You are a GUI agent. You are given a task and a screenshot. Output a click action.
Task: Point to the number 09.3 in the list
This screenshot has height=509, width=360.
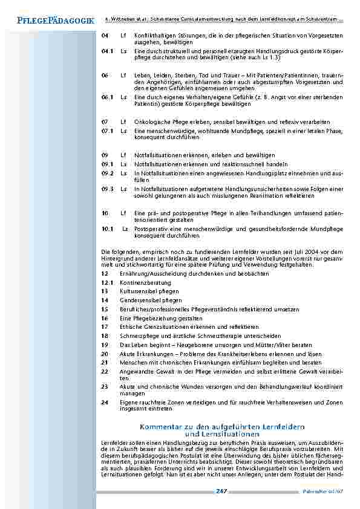108,189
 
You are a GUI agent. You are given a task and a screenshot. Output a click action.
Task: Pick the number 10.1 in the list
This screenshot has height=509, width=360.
108,229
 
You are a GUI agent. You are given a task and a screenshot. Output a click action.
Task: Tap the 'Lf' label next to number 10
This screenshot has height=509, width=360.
123,213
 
